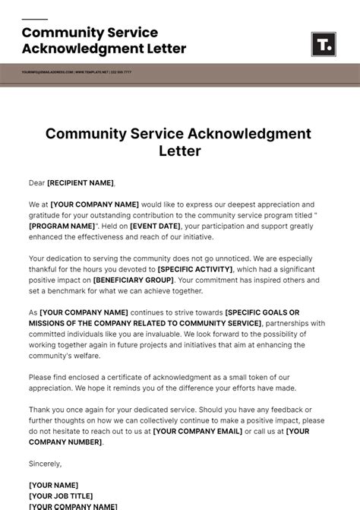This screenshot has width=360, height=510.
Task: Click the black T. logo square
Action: (324, 44)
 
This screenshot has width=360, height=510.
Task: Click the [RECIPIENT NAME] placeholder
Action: (81, 182)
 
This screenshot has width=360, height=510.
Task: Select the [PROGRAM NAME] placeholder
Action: (62, 226)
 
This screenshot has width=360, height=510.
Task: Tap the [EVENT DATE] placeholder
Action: (155, 226)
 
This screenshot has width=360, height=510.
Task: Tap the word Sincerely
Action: (45, 463)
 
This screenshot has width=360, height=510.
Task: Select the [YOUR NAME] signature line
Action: (53, 485)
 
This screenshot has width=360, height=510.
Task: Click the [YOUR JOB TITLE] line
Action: (62, 496)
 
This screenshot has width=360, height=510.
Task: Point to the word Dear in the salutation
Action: (37, 182)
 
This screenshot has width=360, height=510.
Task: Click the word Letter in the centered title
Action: (179, 150)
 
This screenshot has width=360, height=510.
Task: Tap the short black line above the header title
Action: (34, 20)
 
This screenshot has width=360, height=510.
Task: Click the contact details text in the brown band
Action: (76, 72)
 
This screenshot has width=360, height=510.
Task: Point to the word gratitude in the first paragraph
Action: (47, 215)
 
